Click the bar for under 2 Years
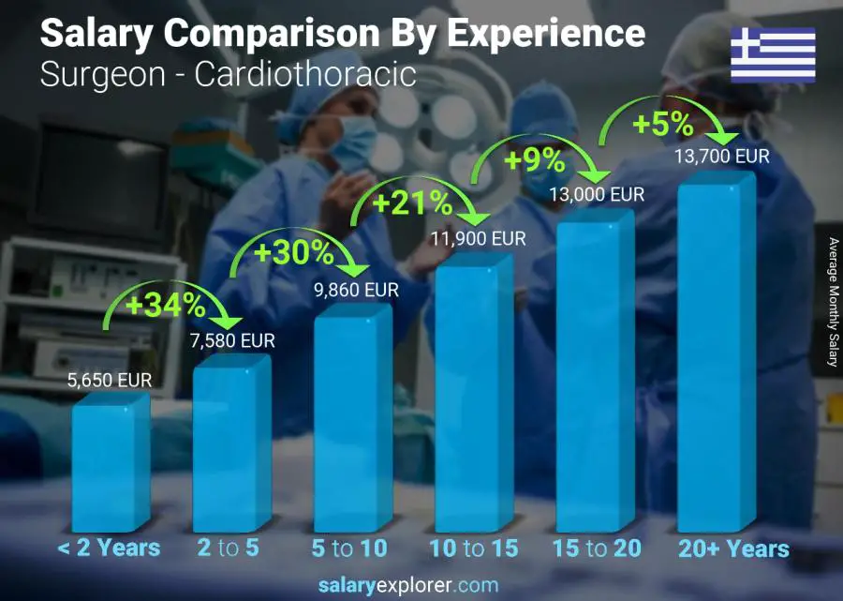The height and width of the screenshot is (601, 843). (111, 464)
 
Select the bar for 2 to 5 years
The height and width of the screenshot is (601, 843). (231, 445)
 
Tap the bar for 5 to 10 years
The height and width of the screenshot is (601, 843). (352, 422)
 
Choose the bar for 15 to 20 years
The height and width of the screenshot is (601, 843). (595, 375)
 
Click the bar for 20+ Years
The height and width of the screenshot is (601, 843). (716, 356)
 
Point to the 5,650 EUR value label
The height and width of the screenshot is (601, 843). (109, 381)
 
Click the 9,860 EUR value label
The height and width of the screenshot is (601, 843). (357, 291)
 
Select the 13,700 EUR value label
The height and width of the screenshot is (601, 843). (722, 157)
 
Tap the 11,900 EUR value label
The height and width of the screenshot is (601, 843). (479, 239)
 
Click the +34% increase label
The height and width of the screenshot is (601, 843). (166, 305)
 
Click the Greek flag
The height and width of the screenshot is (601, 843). (773, 55)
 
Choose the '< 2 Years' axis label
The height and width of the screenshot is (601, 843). (109, 548)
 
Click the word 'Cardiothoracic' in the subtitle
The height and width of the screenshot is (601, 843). (304, 74)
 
